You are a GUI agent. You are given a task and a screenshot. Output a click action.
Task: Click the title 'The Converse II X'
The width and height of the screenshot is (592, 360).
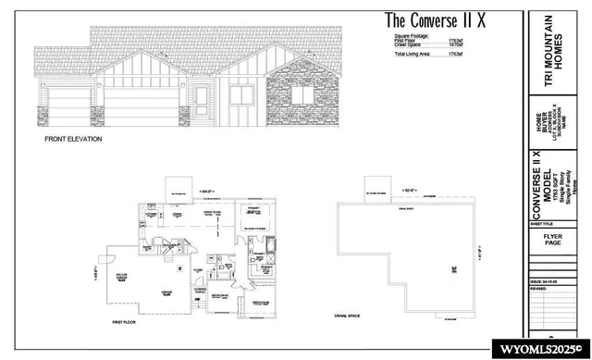click(x=440, y=20)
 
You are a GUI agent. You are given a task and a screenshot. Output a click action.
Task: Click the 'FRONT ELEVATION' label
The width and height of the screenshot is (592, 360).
click(x=73, y=139)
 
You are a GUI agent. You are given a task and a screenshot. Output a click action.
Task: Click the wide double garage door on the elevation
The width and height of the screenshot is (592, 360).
click(x=139, y=102)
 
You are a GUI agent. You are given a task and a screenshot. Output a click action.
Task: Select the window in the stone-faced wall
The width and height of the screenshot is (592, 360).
click(x=302, y=93)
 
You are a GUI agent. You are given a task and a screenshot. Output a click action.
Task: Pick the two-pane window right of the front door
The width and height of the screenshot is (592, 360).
click(x=241, y=95)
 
